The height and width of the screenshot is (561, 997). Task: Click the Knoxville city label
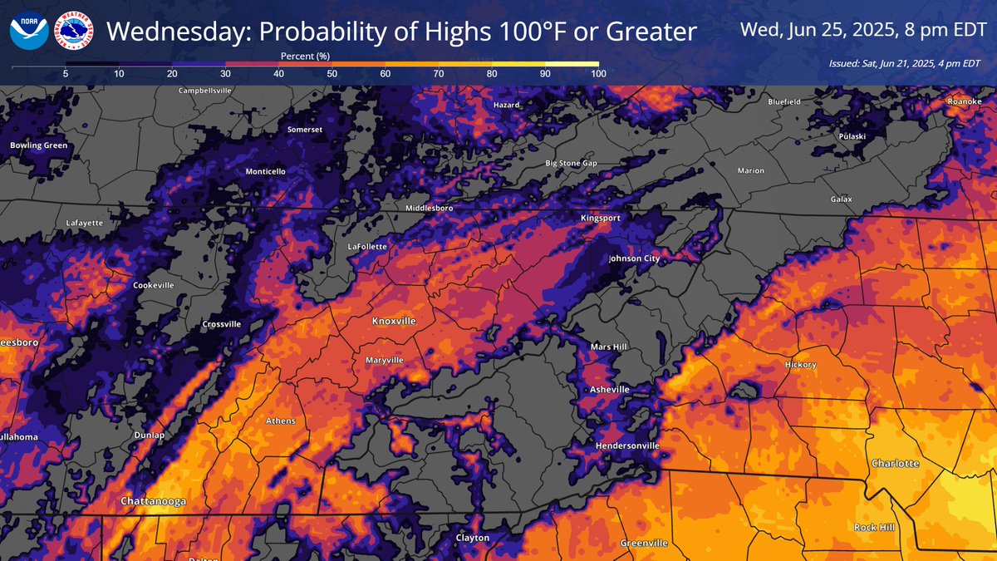pyautogui.click(x=394, y=321)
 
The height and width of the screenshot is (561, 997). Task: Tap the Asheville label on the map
pyautogui.click(x=608, y=389)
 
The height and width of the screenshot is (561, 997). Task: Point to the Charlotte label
pyautogui.click(x=895, y=463)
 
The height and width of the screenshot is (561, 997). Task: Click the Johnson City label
pyautogui.click(x=634, y=258)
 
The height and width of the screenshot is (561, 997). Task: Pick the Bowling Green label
pyautogui.click(x=38, y=145)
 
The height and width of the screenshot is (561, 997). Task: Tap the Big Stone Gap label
pyautogui.click(x=571, y=164)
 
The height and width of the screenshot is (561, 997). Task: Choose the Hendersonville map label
pyautogui.click(x=627, y=446)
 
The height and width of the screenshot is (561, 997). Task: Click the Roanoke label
pyautogui.click(x=965, y=101)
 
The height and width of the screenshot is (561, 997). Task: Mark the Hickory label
pyautogui.click(x=801, y=365)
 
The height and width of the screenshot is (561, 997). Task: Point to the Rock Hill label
pyautogui.click(x=877, y=528)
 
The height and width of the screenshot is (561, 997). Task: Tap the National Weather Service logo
pyautogui.click(x=74, y=30)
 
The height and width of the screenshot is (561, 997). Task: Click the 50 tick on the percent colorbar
pyautogui.click(x=332, y=74)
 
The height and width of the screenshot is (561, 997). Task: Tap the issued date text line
pyautogui.click(x=904, y=63)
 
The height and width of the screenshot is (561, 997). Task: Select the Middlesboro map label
pyautogui.click(x=429, y=208)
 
